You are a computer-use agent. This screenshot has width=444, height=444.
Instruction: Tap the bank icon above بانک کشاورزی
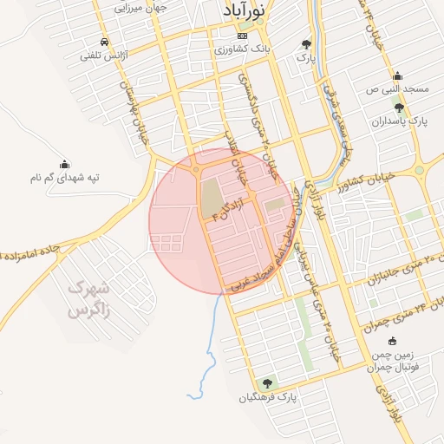point(242,36)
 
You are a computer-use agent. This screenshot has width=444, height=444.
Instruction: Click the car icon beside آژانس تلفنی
point(105,42)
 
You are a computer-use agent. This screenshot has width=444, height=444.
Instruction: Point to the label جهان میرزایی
point(141,6)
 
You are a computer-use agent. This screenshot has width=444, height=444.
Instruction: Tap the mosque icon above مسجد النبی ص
point(397,75)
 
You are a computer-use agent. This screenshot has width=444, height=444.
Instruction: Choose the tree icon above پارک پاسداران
point(399,108)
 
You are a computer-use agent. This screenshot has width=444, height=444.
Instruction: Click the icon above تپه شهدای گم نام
point(64,164)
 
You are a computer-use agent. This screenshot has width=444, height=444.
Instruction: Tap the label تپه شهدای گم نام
point(64,178)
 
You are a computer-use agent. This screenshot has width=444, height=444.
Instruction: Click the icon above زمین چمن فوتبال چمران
point(393,341)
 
